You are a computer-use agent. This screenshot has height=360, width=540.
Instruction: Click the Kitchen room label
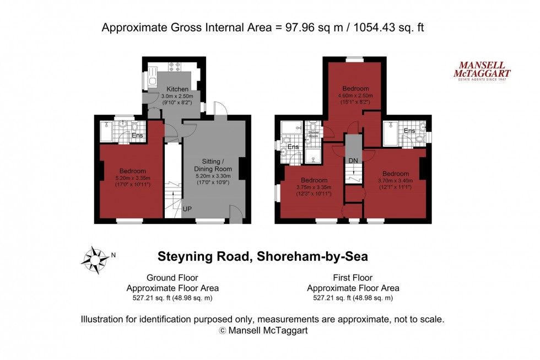click(x=177, y=89)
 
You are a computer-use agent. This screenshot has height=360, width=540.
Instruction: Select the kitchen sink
click(x=153, y=80)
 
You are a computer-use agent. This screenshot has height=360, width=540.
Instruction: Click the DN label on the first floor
click(x=353, y=160)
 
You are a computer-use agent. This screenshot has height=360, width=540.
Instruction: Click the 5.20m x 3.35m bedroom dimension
click(x=133, y=178)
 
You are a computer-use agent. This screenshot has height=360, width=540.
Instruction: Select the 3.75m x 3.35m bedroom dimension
click(x=314, y=187)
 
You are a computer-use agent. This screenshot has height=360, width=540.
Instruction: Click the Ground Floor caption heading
click(x=172, y=278)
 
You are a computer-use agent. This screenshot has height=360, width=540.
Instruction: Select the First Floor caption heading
click(x=353, y=278)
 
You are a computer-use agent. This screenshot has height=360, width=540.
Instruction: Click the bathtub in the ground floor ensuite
click(x=107, y=133)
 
